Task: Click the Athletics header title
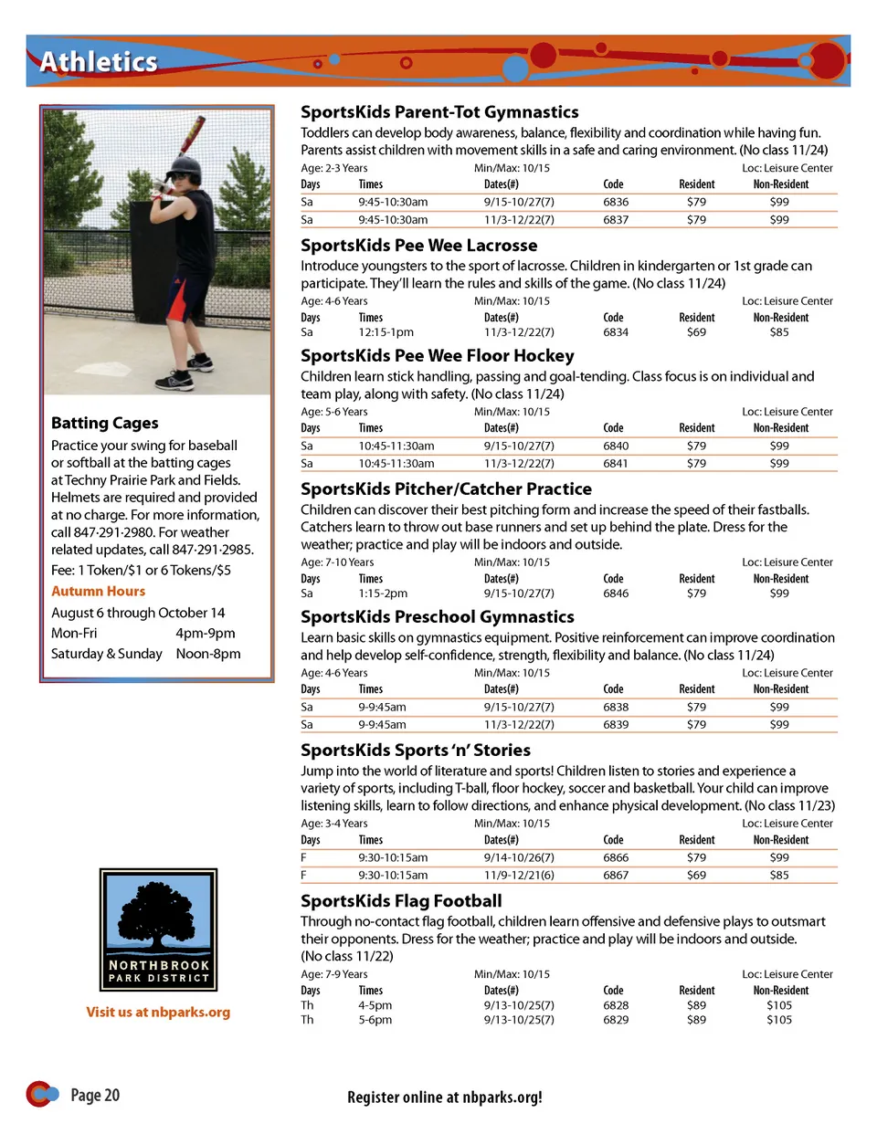coord(99,62)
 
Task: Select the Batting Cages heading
coord(105,423)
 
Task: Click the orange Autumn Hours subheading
coord(99,592)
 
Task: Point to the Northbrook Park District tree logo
coord(158,929)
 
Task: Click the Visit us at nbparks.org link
coord(158,1012)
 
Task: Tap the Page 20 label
coord(95,1095)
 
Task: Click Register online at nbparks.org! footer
coord(444,1097)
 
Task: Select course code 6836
coord(616,202)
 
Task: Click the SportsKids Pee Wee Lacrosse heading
coord(419,246)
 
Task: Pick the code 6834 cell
coord(616,332)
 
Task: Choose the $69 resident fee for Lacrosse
coord(696,332)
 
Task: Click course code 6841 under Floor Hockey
coord(616,463)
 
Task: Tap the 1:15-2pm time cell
coord(383,593)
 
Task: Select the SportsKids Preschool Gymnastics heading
coord(438,617)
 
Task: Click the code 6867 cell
coord(616,875)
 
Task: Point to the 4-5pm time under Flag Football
coord(375,1005)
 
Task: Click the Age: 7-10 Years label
coord(337,562)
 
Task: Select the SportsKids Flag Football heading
coord(401,901)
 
